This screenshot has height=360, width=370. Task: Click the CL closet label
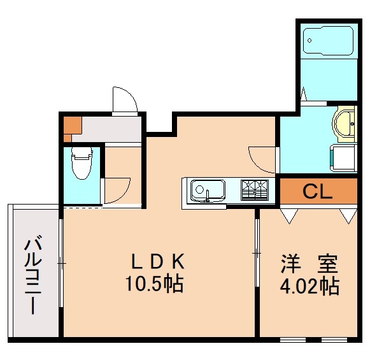coord(317,191)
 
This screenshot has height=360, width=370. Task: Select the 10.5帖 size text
coord(155,283)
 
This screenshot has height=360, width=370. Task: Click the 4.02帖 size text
coord(310,286)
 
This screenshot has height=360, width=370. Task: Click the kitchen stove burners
coord(255,189)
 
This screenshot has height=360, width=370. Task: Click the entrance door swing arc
coord(124,99)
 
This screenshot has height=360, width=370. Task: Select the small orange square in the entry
coord(72,126)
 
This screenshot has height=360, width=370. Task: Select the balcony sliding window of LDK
coord(60,262)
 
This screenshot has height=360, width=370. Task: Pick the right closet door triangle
coord(348,215)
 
